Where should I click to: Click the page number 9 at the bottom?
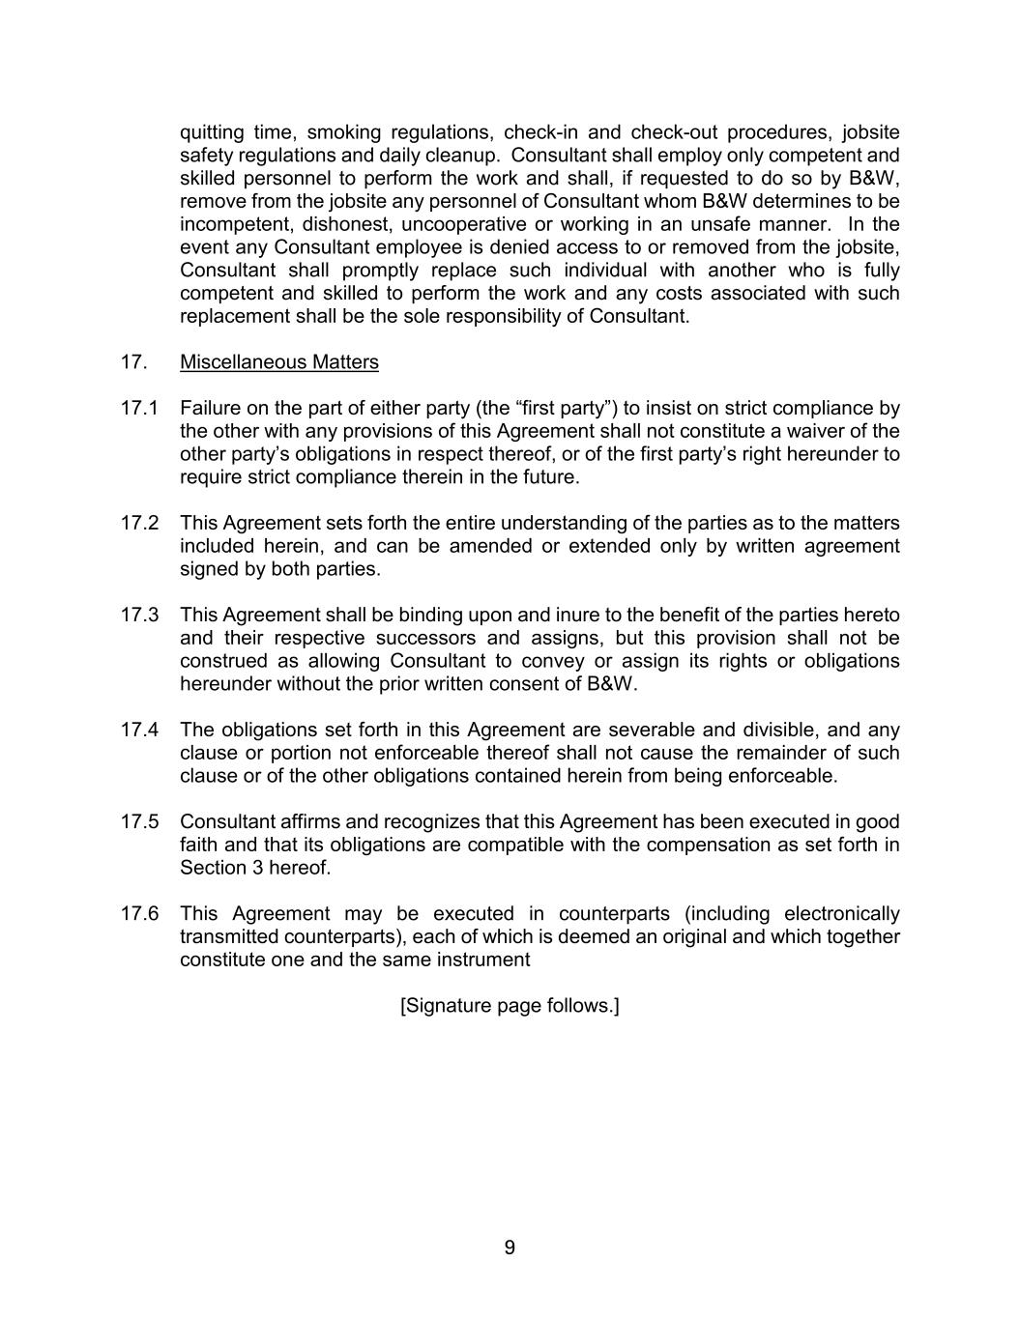[x=510, y=1247]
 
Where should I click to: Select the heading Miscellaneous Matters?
[x=279, y=362]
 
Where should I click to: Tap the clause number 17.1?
[x=139, y=408]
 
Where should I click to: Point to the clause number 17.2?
[x=139, y=523]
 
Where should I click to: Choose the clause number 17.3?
[x=139, y=615]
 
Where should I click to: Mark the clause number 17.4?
[x=139, y=730]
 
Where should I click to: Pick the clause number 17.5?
[x=139, y=821]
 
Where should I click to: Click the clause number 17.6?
[x=139, y=913]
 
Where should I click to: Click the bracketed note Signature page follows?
[x=510, y=1006]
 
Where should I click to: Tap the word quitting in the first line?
[x=211, y=132]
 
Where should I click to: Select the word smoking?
[x=343, y=132]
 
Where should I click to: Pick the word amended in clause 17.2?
[x=490, y=546]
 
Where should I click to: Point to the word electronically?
[x=841, y=913]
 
